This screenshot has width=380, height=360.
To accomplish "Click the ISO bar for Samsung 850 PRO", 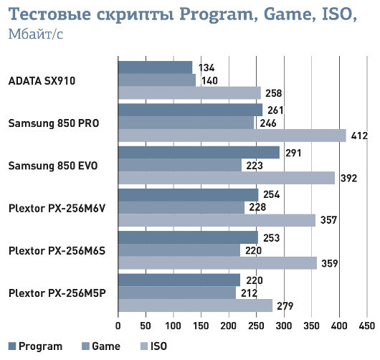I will tap(232, 136).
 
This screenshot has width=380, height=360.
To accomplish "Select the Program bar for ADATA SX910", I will tap(155, 67).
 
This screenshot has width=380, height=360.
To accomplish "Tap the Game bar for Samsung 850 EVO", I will tap(179, 166).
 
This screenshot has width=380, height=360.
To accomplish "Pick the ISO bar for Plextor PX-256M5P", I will tap(195, 305).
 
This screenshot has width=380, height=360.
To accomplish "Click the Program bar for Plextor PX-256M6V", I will tap(188, 195).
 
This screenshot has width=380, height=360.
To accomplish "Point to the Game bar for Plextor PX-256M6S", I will tap(179, 250).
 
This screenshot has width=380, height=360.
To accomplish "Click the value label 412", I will tap(358, 136).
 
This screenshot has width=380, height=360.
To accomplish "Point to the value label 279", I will tap(285, 305).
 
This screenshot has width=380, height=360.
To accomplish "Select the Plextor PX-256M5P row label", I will tap(57, 293).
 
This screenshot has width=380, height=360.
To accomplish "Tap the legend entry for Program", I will tap(35, 346).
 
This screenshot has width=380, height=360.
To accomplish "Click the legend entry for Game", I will tap(100, 346).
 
